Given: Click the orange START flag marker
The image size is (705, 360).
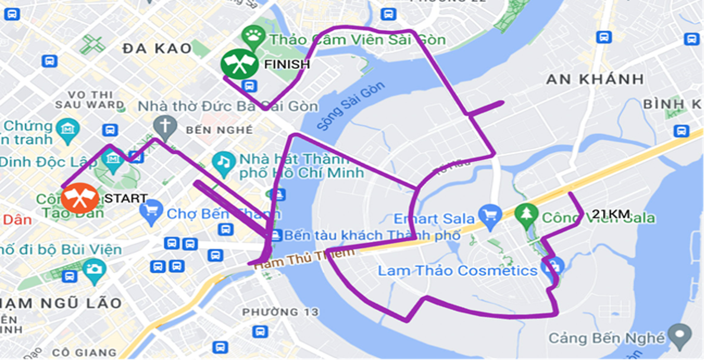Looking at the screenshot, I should point(81,198).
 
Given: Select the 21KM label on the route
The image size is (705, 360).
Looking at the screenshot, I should point(610,214).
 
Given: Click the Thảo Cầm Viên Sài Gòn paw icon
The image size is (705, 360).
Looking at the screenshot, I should point(255,37).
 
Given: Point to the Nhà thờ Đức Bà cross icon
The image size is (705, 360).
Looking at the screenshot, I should point(165,126).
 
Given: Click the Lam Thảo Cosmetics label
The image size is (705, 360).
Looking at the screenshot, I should point(457,271).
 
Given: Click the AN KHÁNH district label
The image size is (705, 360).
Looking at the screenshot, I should point(595,79).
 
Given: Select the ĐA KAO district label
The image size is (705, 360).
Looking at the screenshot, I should point(157,49).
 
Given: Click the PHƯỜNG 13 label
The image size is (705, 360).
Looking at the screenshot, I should point(281,311).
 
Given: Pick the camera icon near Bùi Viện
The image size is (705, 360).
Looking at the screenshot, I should point(94,269).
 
